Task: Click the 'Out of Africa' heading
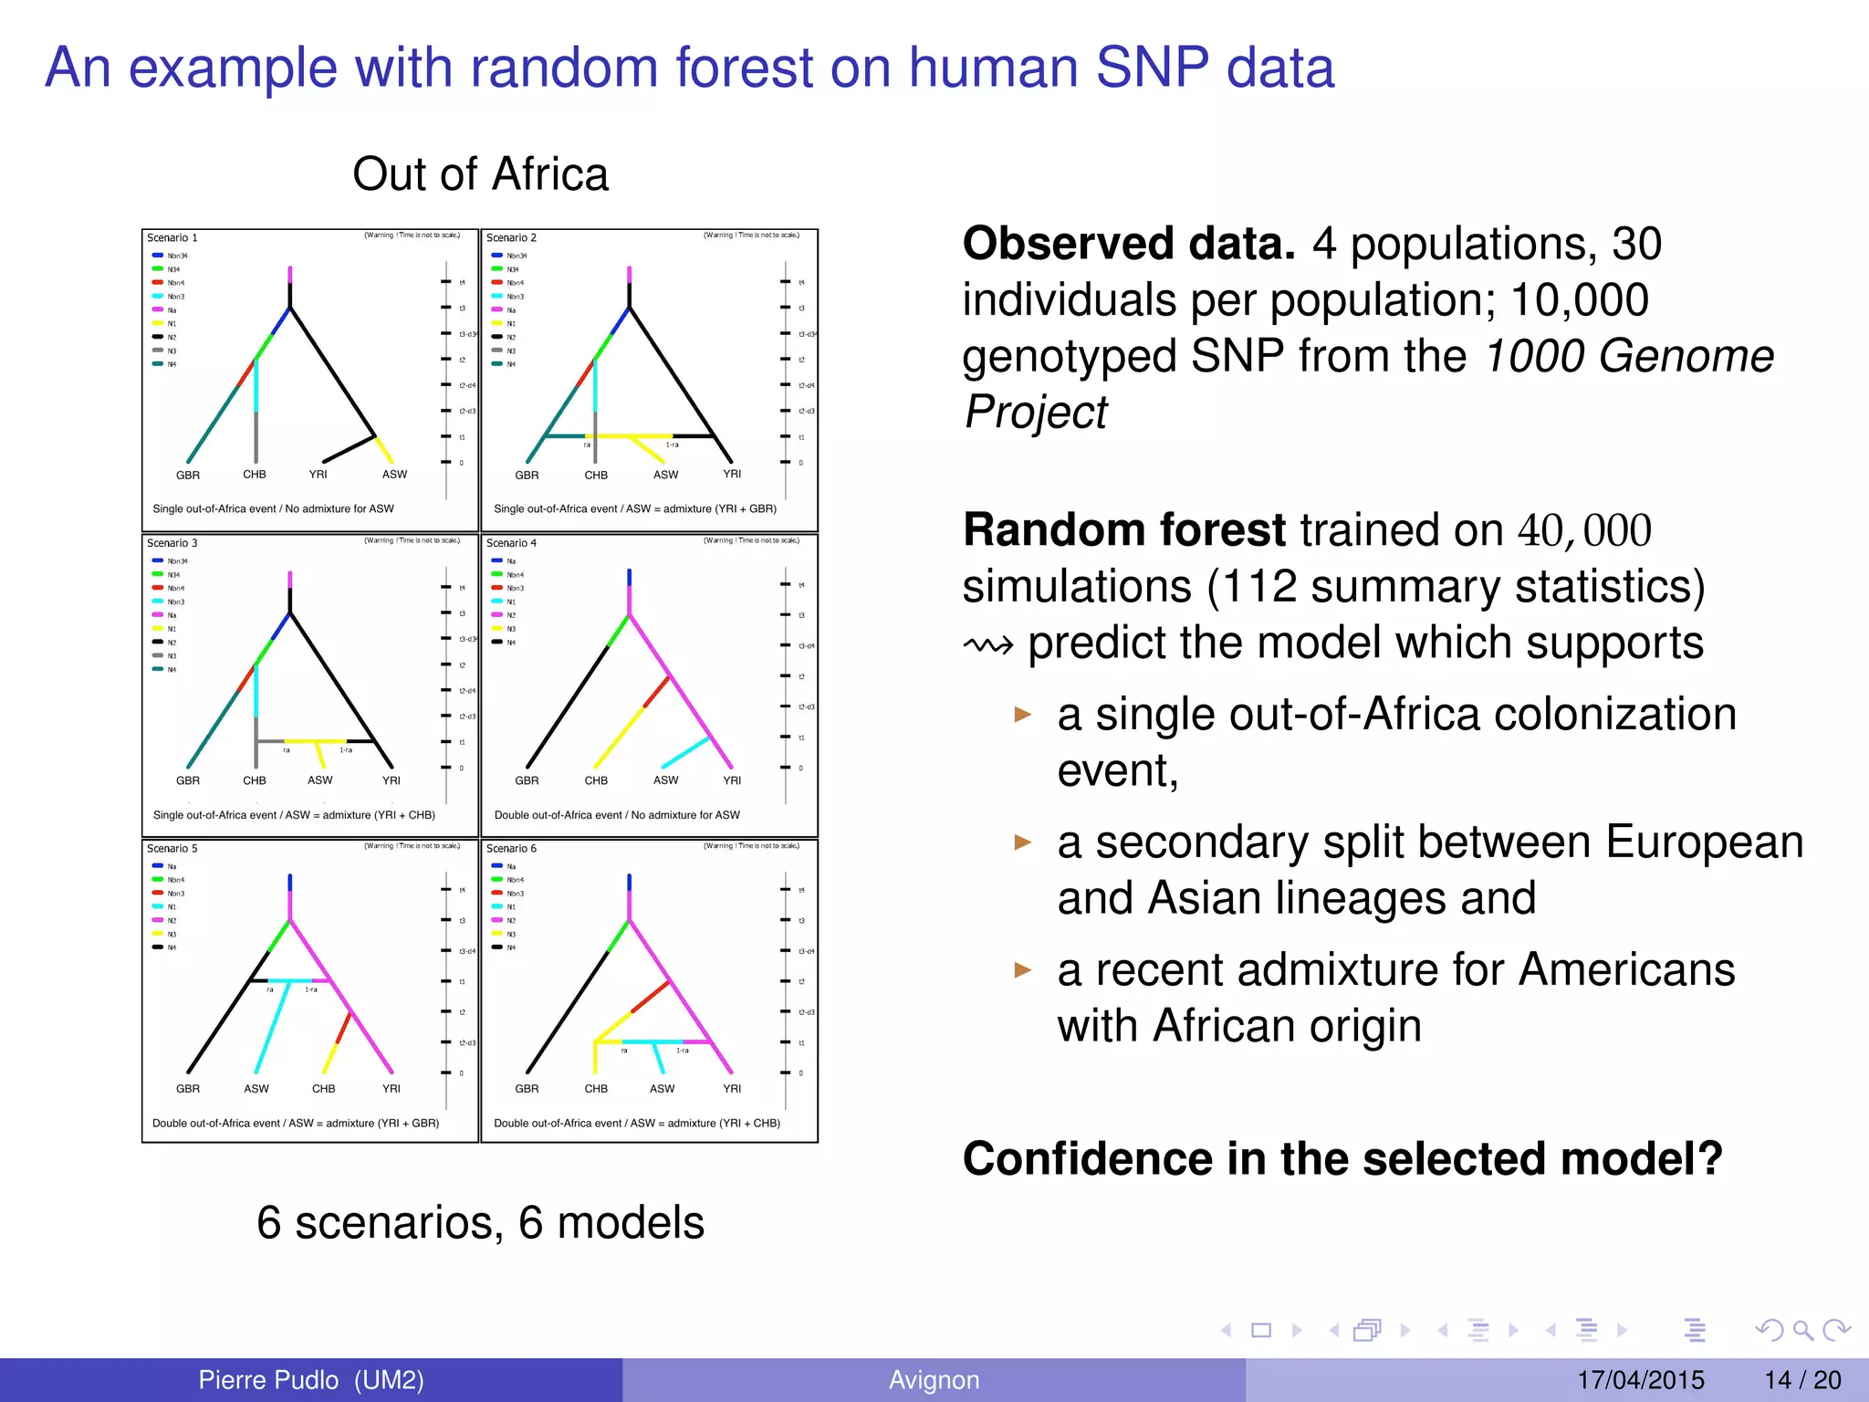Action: point(480,174)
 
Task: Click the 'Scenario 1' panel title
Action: point(172,238)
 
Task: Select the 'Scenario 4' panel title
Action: point(511,543)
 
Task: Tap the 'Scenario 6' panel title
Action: point(511,849)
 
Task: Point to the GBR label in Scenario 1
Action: point(188,476)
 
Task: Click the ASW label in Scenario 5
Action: point(256,1089)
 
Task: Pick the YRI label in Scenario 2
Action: point(732,475)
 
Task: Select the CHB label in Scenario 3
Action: point(255,781)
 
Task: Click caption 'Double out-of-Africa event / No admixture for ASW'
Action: point(617,815)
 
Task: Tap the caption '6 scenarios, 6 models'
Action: point(480,1223)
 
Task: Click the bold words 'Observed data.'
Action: point(1129,245)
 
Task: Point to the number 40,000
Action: point(1584,531)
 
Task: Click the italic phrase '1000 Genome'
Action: point(1629,356)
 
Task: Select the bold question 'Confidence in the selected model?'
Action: point(1342,1159)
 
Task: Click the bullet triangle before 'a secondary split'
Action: point(1023,842)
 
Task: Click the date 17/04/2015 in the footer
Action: point(1641,1380)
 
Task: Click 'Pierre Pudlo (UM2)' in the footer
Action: point(311,1380)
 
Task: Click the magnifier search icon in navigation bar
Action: point(1802,1330)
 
